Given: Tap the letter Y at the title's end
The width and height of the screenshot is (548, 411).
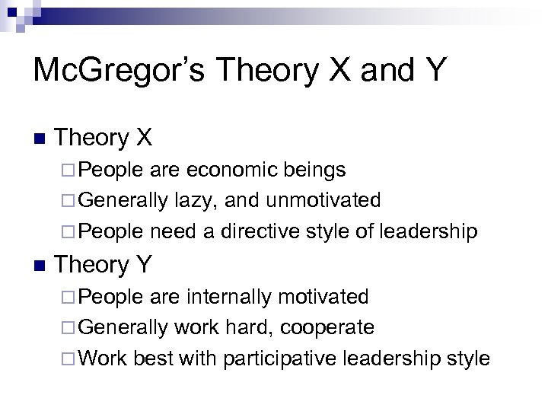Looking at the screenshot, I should [x=433, y=70].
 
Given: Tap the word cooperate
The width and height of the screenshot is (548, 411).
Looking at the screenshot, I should [x=327, y=327].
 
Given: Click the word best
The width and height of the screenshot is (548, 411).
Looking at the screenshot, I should [x=155, y=358].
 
